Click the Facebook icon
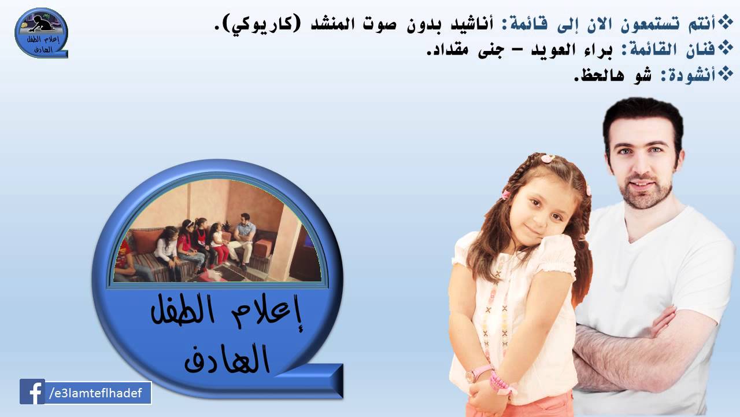32,392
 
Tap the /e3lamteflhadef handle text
99,393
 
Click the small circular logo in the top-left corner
40,32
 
